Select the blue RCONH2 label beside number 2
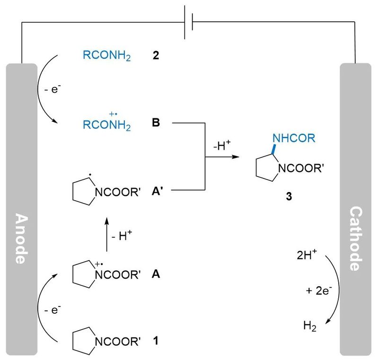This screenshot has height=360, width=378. (106, 57)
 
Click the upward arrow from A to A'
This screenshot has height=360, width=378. (106, 235)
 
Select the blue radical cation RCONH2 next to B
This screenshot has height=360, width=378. (106, 123)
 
